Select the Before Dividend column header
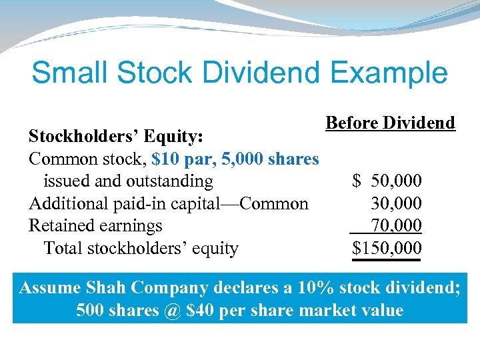click(x=390, y=123)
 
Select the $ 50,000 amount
click(x=387, y=181)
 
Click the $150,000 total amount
click(x=387, y=249)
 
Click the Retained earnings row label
click(x=95, y=226)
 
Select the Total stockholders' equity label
click(x=141, y=249)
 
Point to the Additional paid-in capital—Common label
click(x=168, y=204)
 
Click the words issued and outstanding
click(x=128, y=181)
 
